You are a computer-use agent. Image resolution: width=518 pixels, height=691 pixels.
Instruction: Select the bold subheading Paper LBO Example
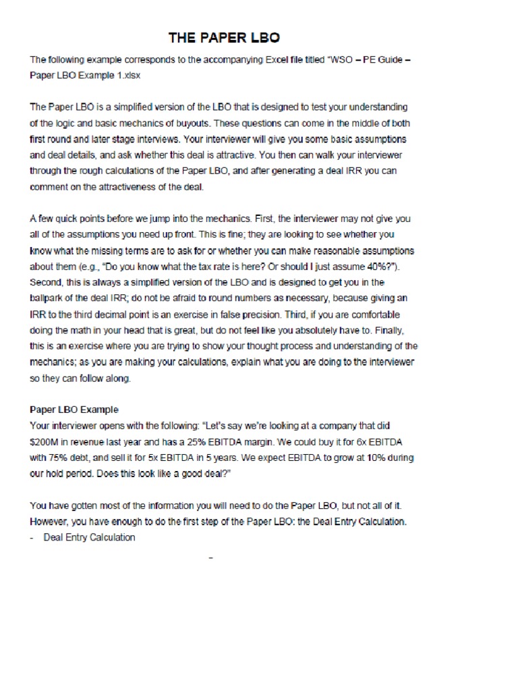pyautogui.click(x=74, y=410)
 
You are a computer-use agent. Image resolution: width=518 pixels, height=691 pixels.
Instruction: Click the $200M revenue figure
pyautogui.click(x=45, y=441)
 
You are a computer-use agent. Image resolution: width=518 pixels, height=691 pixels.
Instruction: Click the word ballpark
pyautogui.click(x=49, y=298)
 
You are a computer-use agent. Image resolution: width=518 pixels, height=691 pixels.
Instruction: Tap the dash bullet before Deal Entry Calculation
pyautogui.click(x=32, y=537)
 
